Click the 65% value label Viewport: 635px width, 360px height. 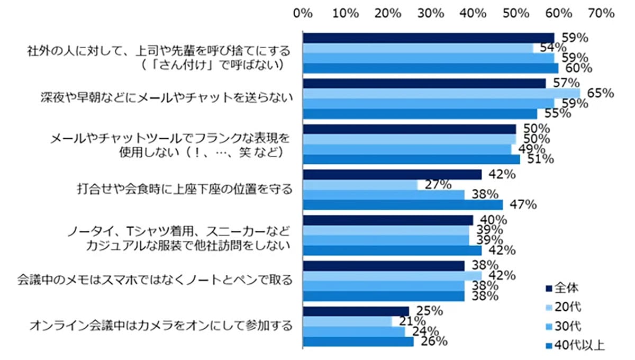point(600,94)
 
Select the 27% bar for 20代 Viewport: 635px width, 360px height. point(360,185)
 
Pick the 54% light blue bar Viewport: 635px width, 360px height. point(418,48)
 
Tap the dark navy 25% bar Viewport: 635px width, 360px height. point(356,311)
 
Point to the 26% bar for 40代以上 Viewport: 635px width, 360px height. point(358,342)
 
